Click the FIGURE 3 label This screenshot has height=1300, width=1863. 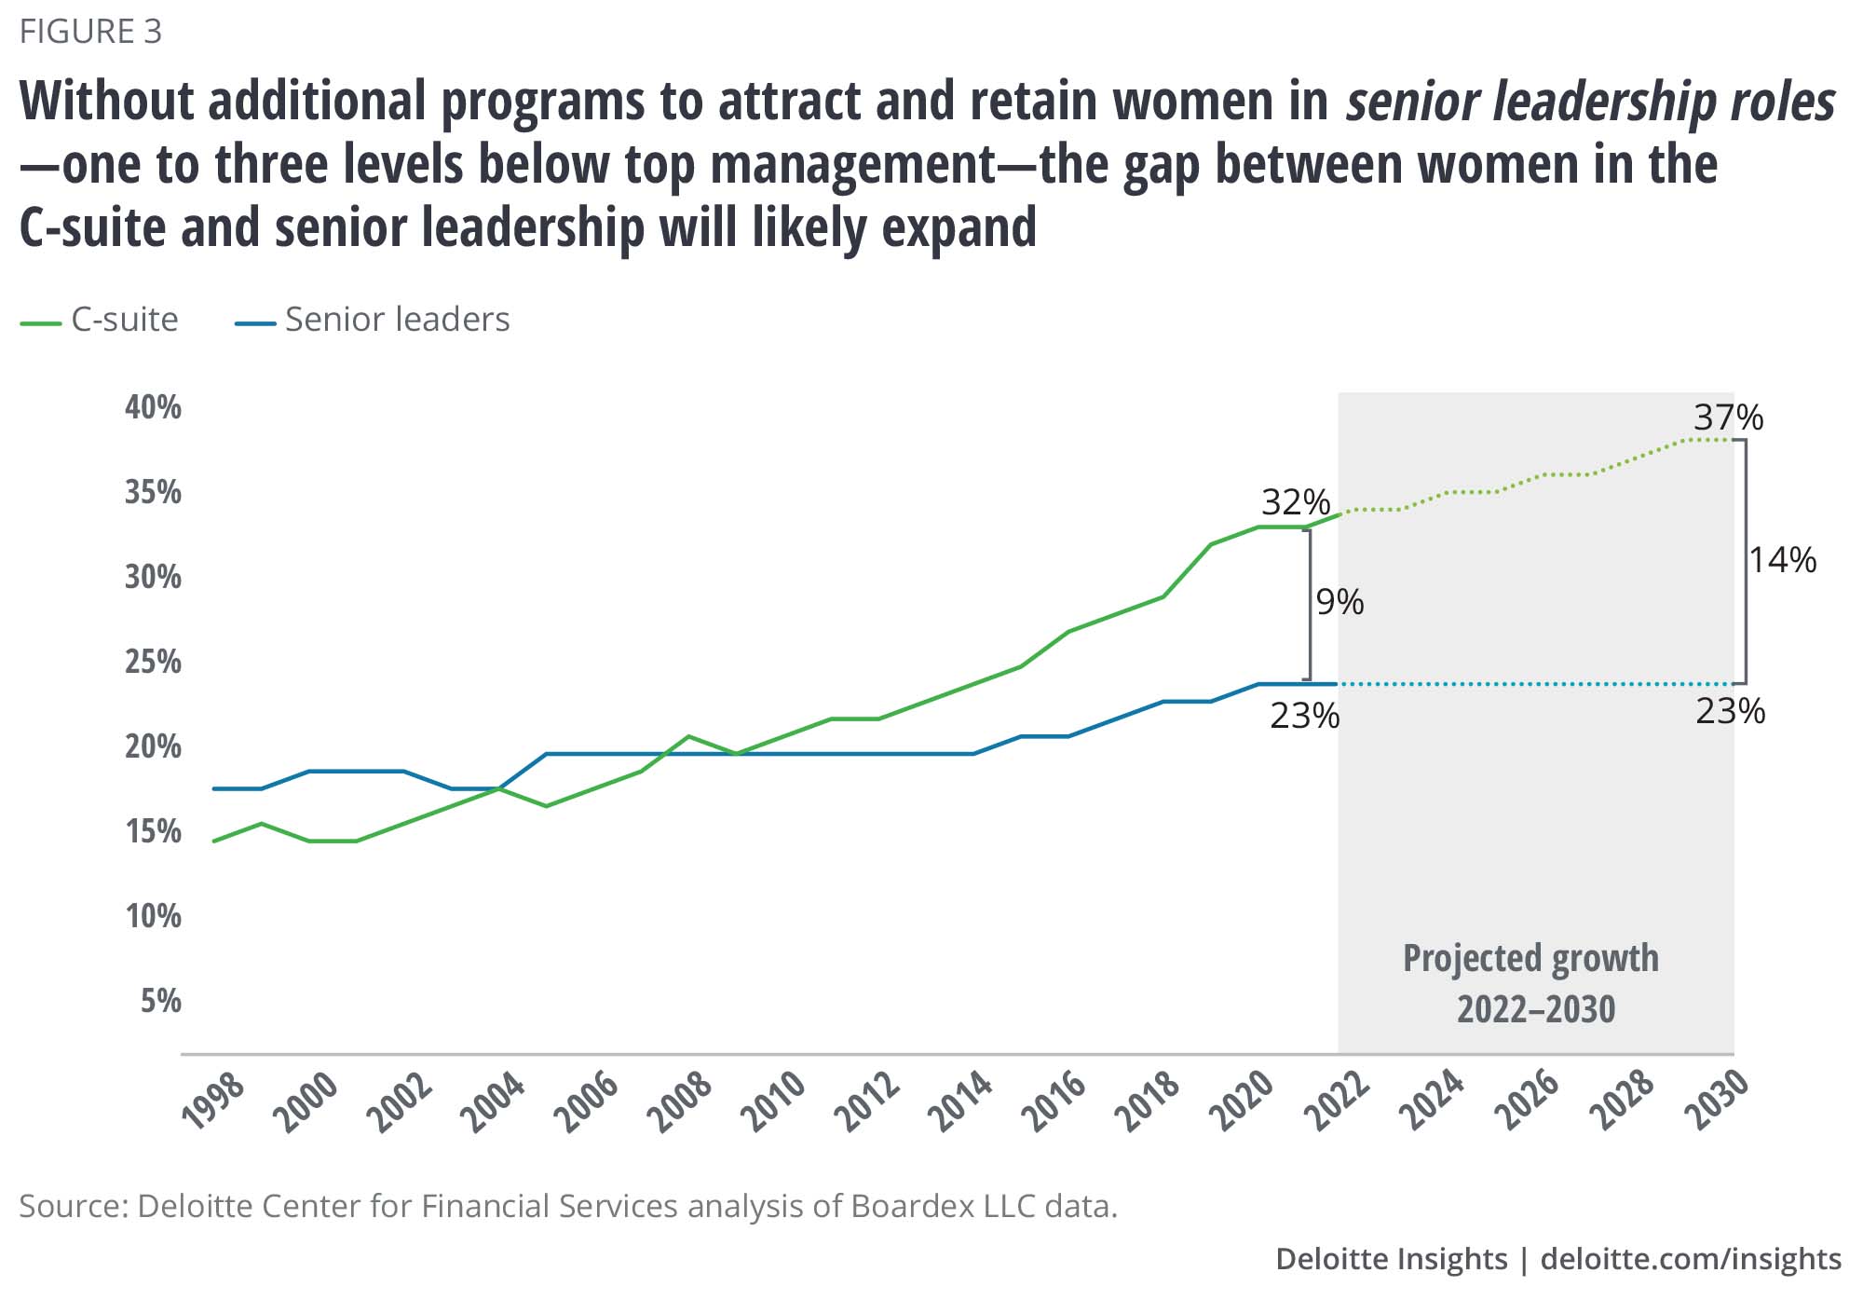(x=90, y=32)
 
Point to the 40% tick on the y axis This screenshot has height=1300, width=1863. (x=153, y=407)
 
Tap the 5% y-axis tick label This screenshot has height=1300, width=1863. (x=160, y=1001)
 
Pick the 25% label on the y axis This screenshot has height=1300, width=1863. (x=153, y=662)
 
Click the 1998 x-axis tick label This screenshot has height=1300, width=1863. (x=214, y=1102)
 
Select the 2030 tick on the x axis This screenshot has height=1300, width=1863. (x=1718, y=1102)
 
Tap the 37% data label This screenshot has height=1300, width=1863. (x=1728, y=417)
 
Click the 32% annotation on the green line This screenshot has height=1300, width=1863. (x=1296, y=502)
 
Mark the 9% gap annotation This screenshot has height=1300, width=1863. (x=1339, y=603)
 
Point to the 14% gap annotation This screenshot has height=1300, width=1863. (x=1782, y=560)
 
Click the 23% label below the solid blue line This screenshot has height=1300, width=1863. (x=1304, y=716)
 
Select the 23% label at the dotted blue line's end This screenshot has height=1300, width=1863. (x=1730, y=711)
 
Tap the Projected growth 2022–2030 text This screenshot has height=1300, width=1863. (x=1531, y=983)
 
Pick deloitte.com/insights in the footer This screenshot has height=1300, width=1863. (x=1691, y=1259)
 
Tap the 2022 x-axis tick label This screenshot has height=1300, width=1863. (x=1339, y=1102)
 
